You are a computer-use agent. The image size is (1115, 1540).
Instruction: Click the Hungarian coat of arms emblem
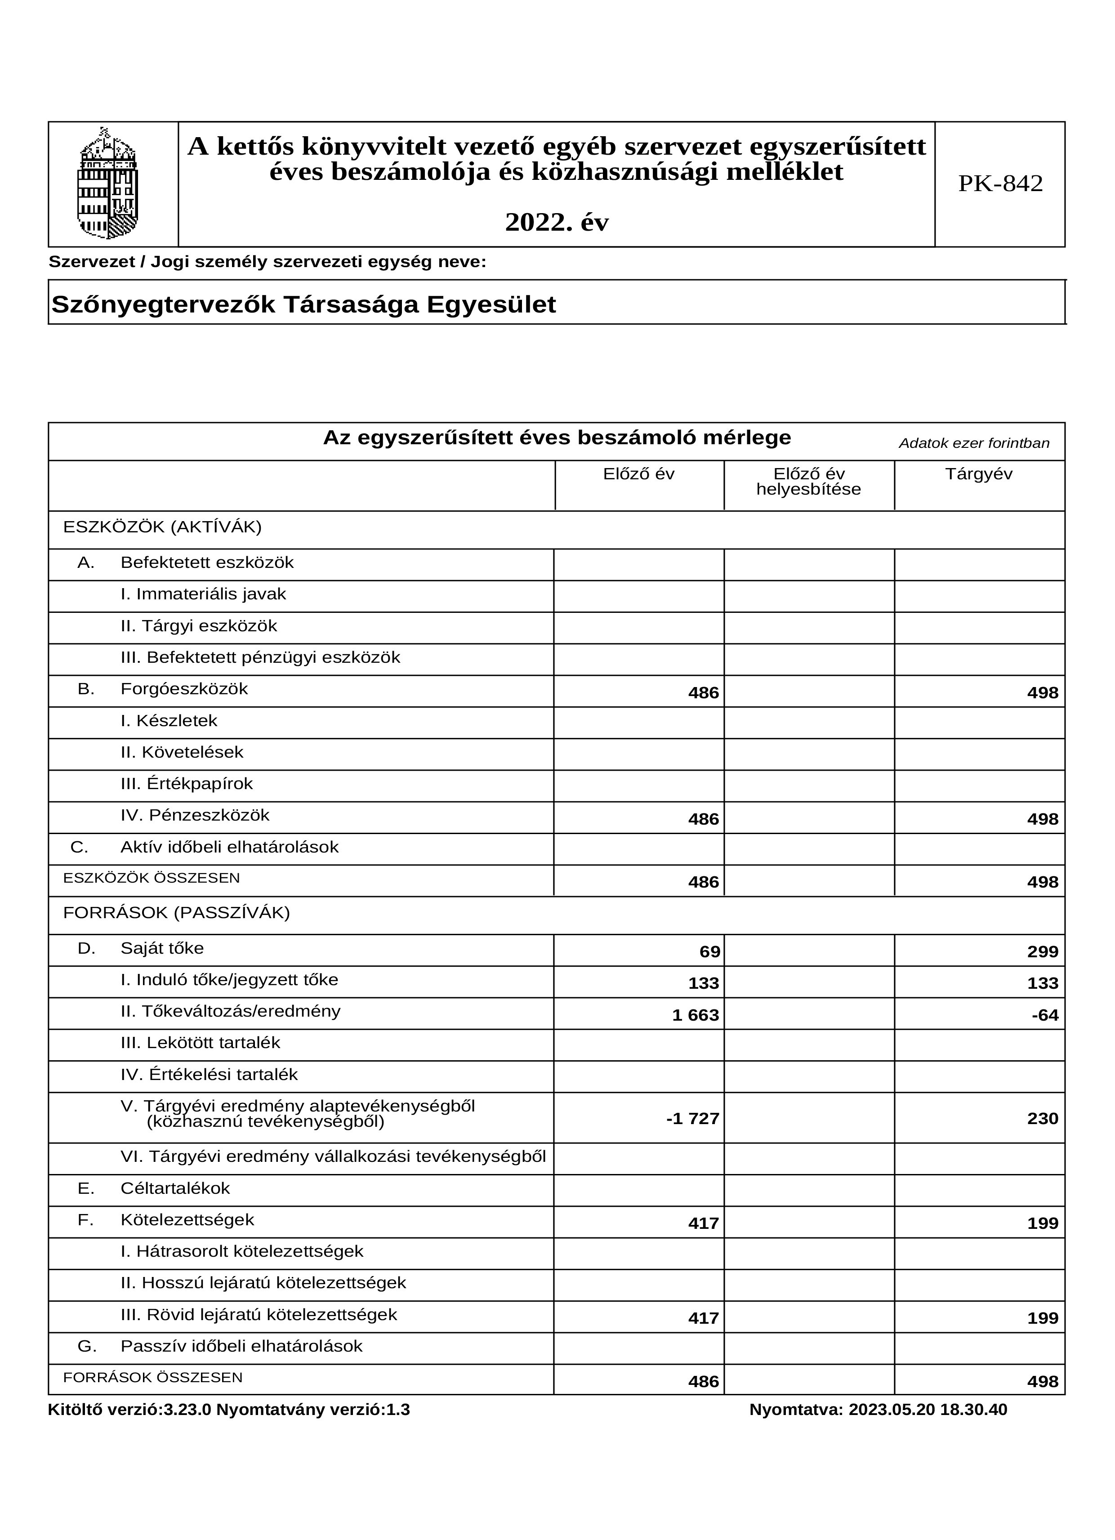[x=109, y=183]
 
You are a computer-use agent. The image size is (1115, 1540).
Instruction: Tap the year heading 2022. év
[x=556, y=222]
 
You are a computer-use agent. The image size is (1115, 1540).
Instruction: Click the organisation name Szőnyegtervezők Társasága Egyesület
[x=303, y=304]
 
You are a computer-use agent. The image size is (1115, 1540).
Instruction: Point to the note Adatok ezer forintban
[x=974, y=443]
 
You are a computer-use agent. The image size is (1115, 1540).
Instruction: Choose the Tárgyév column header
[x=978, y=474]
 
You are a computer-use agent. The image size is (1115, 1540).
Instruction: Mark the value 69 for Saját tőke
[x=709, y=952]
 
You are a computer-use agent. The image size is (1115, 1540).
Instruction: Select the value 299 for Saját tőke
[x=1042, y=952]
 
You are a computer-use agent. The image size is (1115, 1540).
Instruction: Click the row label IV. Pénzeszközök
[x=195, y=816]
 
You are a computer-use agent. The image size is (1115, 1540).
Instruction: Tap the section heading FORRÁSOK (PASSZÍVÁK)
[x=177, y=913]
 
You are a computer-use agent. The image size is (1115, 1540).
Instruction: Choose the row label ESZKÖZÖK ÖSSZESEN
[x=152, y=878]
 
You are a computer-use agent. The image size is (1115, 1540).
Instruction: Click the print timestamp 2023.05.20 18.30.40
[x=928, y=1410]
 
